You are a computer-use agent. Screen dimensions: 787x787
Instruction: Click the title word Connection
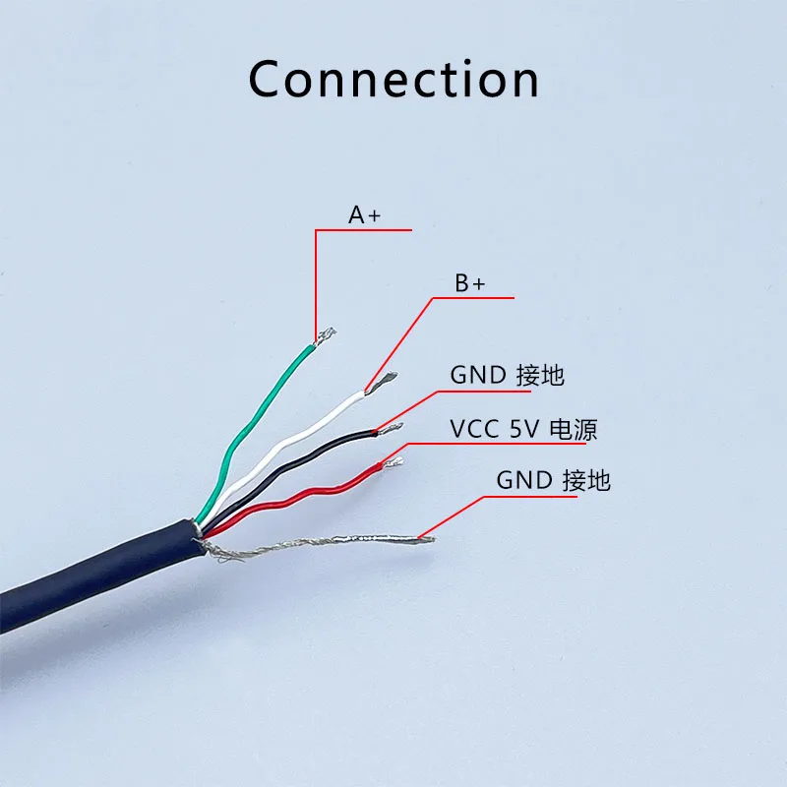(x=393, y=79)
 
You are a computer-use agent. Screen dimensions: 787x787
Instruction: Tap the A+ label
(x=364, y=214)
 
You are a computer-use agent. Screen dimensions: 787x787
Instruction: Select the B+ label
(x=469, y=283)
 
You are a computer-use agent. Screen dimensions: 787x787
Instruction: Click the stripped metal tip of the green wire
(x=324, y=336)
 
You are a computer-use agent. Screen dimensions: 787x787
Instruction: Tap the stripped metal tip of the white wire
(x=382, y=382)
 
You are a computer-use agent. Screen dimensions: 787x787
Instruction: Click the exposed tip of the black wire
(x=391, y=428)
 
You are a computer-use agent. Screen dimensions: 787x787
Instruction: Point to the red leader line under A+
(x=316, y=285)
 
